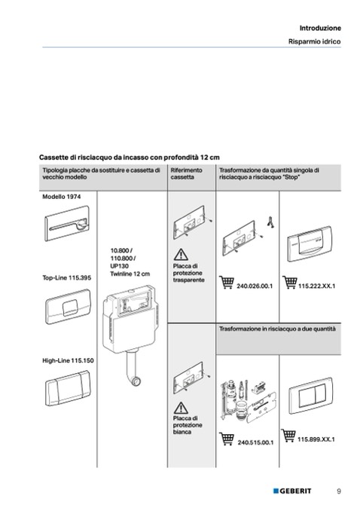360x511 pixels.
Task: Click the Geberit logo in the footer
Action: coord(292,491)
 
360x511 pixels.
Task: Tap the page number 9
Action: coord(339,491)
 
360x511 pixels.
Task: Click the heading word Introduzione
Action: coord(320,28)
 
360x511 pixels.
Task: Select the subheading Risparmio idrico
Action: coord(314,41)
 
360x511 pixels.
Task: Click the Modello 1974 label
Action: coord(62,197)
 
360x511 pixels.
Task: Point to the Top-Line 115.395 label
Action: coord(67,277)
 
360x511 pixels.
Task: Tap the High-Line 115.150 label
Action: coord(68,360)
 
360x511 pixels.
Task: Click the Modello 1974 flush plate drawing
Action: coord(67,224)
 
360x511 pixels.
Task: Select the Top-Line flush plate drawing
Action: coord(68,307)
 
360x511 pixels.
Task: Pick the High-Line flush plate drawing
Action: coord(68,388)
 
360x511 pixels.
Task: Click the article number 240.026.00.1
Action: coord(255,286)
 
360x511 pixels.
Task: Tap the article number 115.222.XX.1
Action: coord(316,286)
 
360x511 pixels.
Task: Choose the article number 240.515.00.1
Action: coord(255,442)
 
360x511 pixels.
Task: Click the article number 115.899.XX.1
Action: coord(316,439)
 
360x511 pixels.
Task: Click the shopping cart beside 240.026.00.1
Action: coord(227,282)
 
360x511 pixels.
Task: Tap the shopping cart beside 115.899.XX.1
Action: coord(288,436)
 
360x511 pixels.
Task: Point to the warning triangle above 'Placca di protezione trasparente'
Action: coord(181,255)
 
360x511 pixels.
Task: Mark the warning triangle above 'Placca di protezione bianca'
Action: coord(181,408)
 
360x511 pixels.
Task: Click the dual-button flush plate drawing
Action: coord(311,395)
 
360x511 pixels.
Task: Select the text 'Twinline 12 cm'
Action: coord(130,274)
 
